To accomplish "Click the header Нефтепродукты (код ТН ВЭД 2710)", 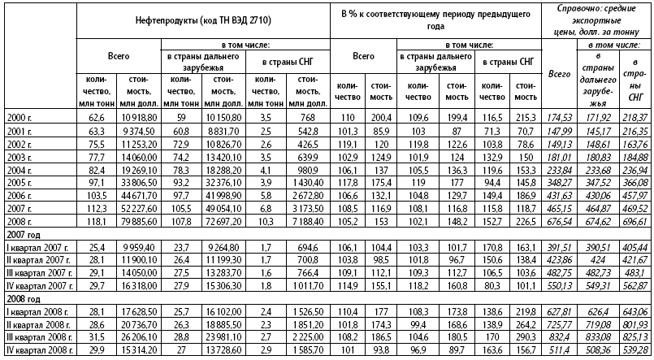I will [203, 18].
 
